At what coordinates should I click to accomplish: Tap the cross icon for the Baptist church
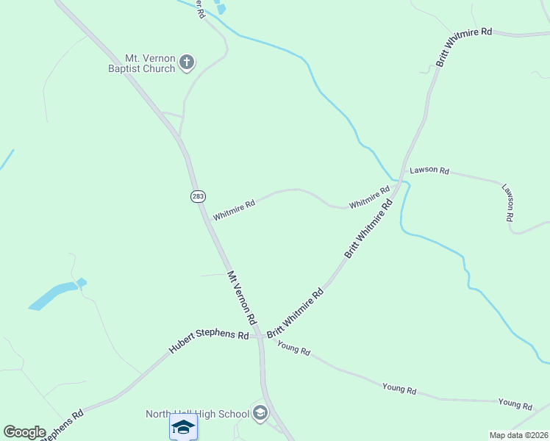coord(187,62)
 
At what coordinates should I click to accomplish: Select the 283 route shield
coord(197,196)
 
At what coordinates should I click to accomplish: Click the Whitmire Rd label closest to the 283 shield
coord(234,209)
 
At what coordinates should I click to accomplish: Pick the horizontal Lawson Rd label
coord(429,170)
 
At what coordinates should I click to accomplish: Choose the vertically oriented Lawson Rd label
coord(507,203)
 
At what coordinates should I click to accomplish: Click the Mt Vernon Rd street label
coord(241,298)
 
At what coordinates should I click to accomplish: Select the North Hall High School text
coord(198,414)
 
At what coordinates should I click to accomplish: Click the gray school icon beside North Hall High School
coord(259,413)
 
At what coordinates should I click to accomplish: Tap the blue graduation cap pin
coord(183,427)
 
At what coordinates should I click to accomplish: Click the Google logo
coord(24,432)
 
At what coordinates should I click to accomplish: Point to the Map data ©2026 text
coord(518,435)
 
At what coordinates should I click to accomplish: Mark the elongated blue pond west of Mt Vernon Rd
coord(53,295)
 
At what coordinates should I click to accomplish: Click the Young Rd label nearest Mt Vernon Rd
coord(294,349)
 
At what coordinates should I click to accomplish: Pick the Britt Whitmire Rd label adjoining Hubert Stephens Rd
coord(295,313)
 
